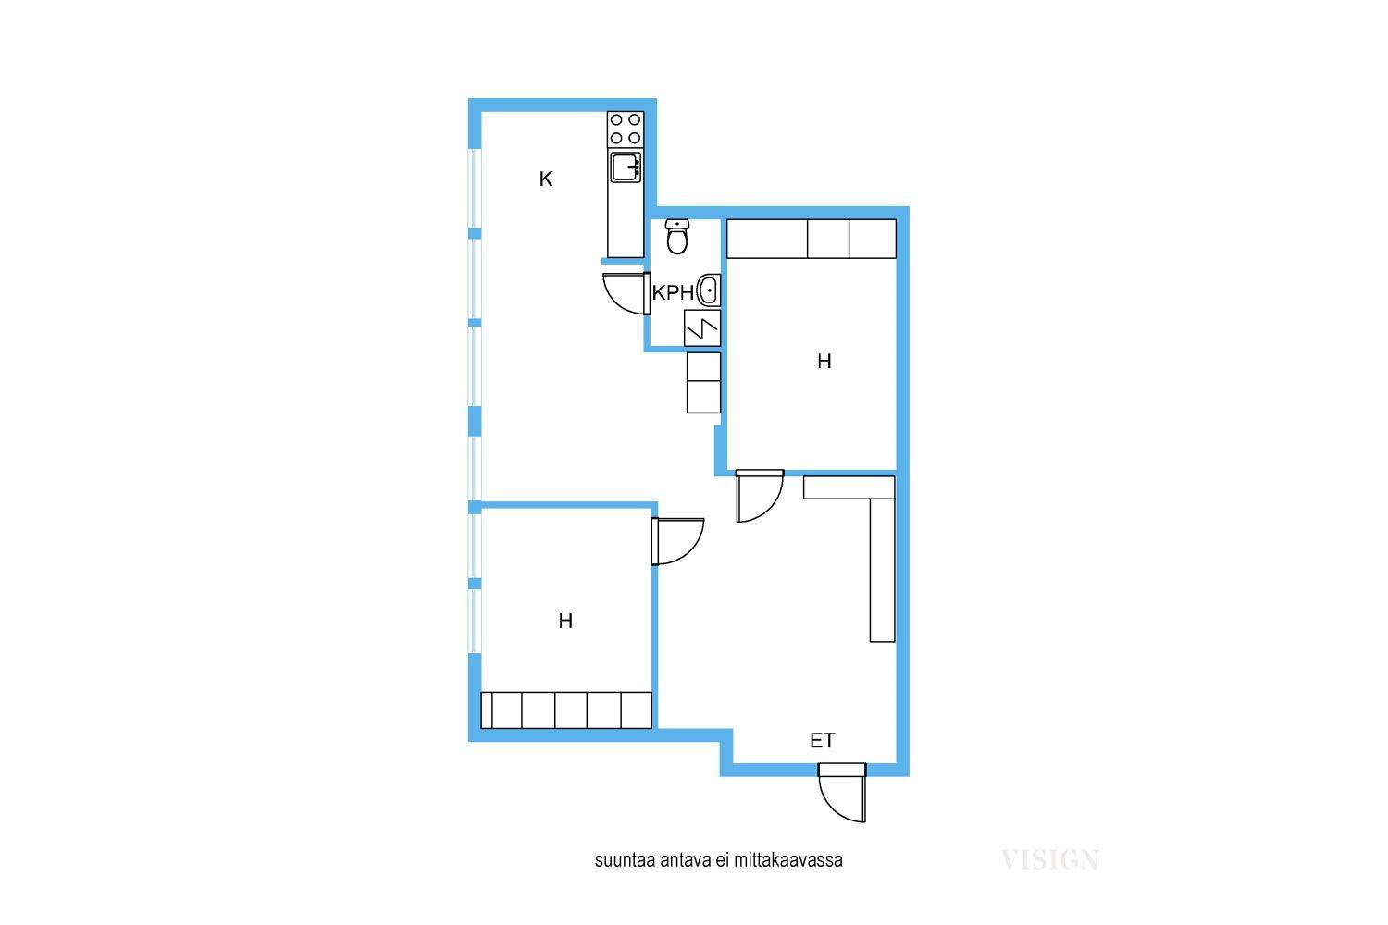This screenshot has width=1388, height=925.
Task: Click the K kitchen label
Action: (x=545, y=179)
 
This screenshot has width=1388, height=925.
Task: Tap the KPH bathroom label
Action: (x=673, y=292)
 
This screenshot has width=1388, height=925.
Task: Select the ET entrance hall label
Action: (x=823, y=740)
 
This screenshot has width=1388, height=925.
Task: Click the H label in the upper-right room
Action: (x=824, y=361)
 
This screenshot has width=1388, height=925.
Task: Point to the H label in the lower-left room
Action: (x=565, y=621)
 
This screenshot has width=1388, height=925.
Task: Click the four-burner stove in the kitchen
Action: (x=626, y=129)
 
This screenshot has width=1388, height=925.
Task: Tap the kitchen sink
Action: (x=626, y=167)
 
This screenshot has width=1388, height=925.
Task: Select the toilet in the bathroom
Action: (x=677, y=237)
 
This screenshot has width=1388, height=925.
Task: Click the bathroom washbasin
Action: (x=708, y=290)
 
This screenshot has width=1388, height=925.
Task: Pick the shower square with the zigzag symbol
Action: (x=702, y=328)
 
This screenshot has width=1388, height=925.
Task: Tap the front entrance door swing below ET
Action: (x=841, y=793)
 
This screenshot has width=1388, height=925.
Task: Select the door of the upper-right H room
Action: (x=760, y=496)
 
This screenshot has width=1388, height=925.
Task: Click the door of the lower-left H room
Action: (x=677, y=541)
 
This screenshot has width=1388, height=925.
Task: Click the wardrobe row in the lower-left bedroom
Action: (x=566, y=710)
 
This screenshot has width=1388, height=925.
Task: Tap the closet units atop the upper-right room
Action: (x=812, y=239)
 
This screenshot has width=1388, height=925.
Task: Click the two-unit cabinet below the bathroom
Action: (x=703, y=383)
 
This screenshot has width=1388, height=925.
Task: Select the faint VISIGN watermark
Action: (x=1049, y=860)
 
